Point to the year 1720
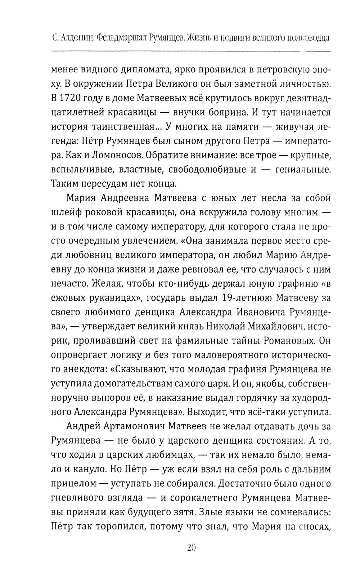click(x=72, y=98)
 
